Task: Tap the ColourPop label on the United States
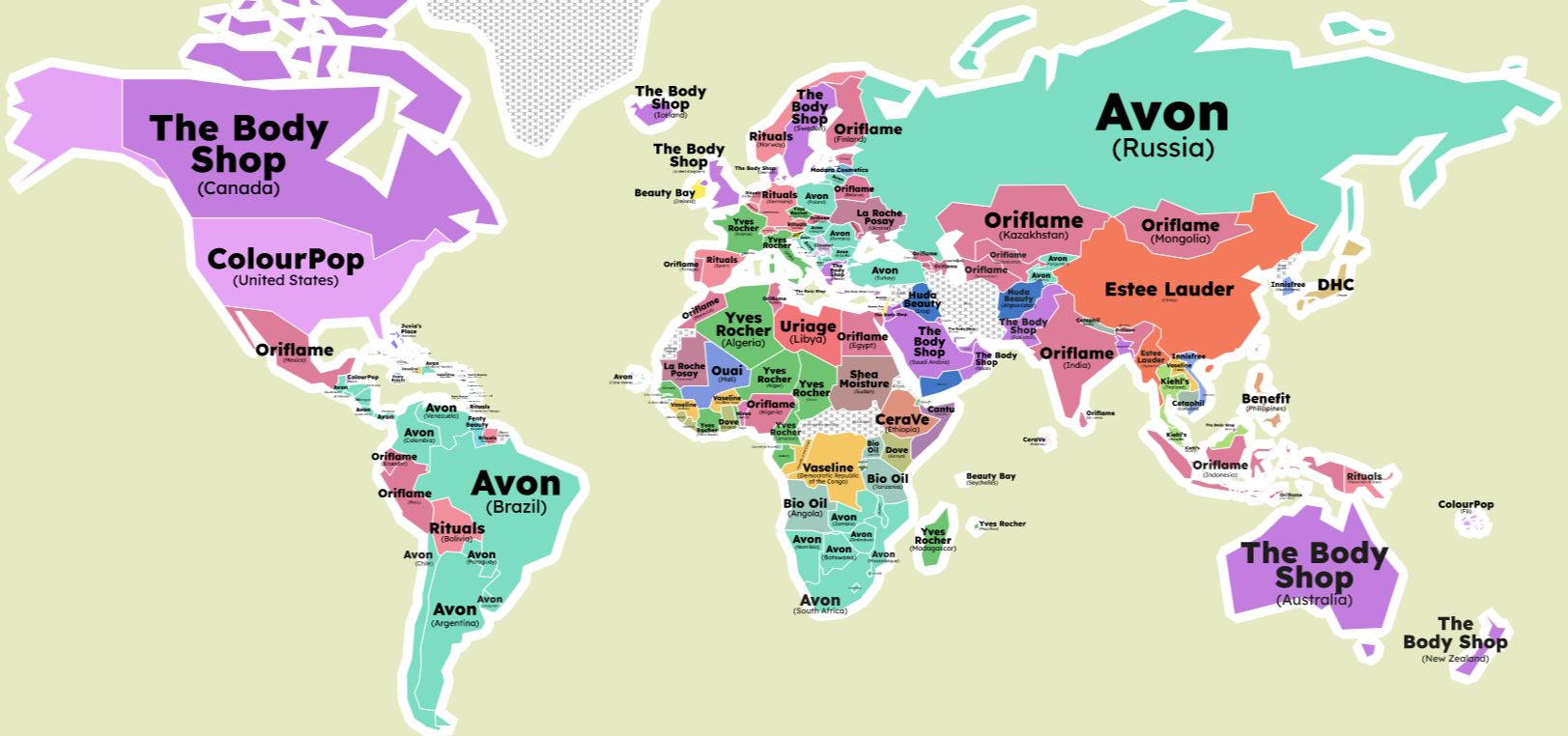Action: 285,260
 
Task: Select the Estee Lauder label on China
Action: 1169,290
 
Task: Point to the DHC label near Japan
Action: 1335,285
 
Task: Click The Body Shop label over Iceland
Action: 670,98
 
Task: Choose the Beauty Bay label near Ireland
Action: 665,193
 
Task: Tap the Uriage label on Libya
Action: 808,327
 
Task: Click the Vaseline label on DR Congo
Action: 828,468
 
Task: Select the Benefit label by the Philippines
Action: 1266,399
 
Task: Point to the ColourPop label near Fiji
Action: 1466,504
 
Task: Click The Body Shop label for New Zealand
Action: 1455,634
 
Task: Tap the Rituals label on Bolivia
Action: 457,529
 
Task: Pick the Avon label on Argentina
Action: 454,610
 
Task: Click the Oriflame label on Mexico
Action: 295,351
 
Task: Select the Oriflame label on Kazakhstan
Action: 1034,221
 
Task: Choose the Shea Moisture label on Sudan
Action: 864,379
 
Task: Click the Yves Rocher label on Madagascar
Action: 933,536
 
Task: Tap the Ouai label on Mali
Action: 727,372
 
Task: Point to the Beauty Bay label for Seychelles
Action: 990,476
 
